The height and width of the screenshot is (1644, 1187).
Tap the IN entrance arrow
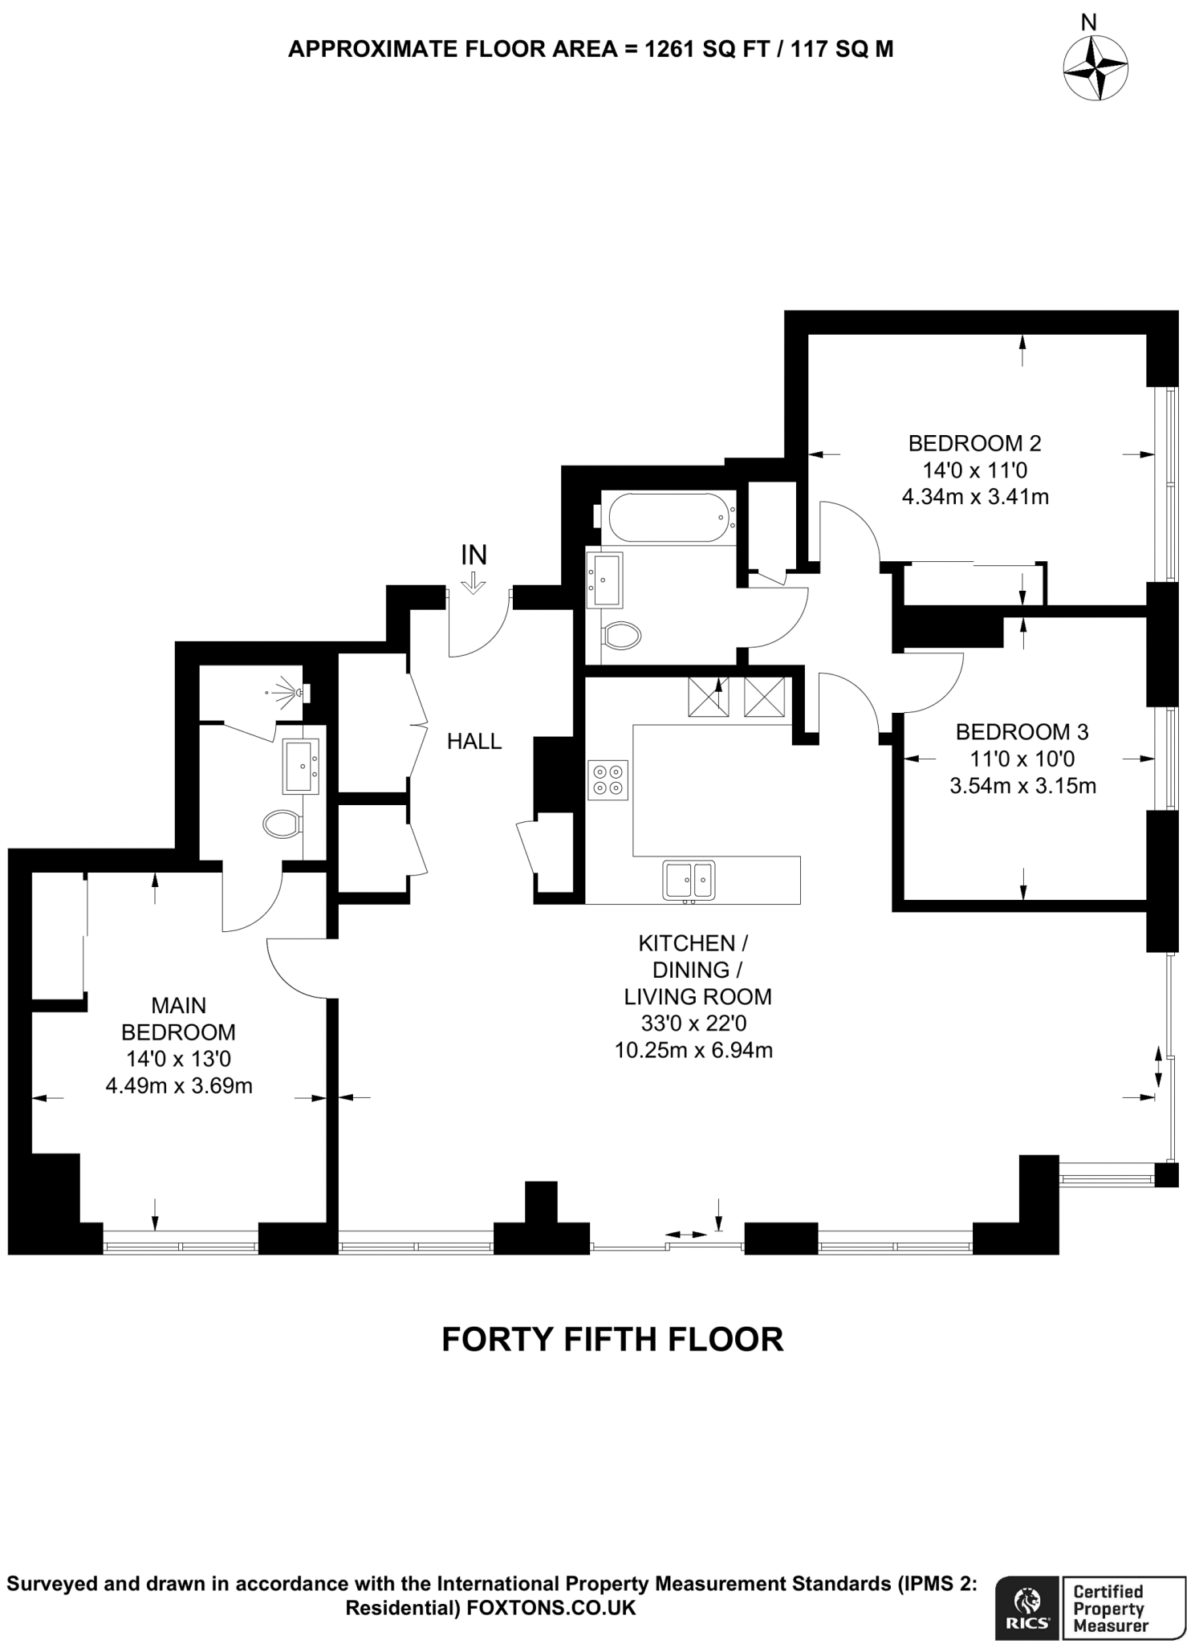(474, 582)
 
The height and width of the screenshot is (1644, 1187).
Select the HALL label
(474, 742)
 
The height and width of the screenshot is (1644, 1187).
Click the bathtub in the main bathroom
(668, 518)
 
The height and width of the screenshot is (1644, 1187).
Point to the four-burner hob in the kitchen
(607, 779)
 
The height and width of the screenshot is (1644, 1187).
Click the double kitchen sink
(689, 880)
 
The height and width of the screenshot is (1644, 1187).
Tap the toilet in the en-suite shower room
(282, 823)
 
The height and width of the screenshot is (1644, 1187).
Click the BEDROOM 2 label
(974, 443)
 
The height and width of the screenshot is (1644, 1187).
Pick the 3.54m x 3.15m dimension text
(1022, 785)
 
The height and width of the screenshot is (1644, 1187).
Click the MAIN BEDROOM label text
(178, 1018)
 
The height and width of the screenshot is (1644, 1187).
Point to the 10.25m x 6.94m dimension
(693, 1050)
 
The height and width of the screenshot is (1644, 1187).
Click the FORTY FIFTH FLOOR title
(612, 1340)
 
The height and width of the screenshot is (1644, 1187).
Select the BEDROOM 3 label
(1022, 732)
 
